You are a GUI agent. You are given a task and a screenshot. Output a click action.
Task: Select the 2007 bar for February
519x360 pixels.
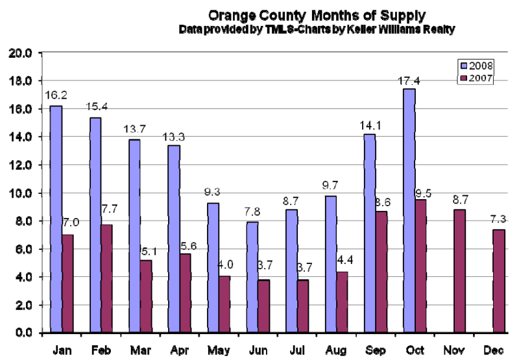pos(106,278)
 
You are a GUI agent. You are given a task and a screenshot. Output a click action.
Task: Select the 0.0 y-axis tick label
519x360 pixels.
pos(24,333)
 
